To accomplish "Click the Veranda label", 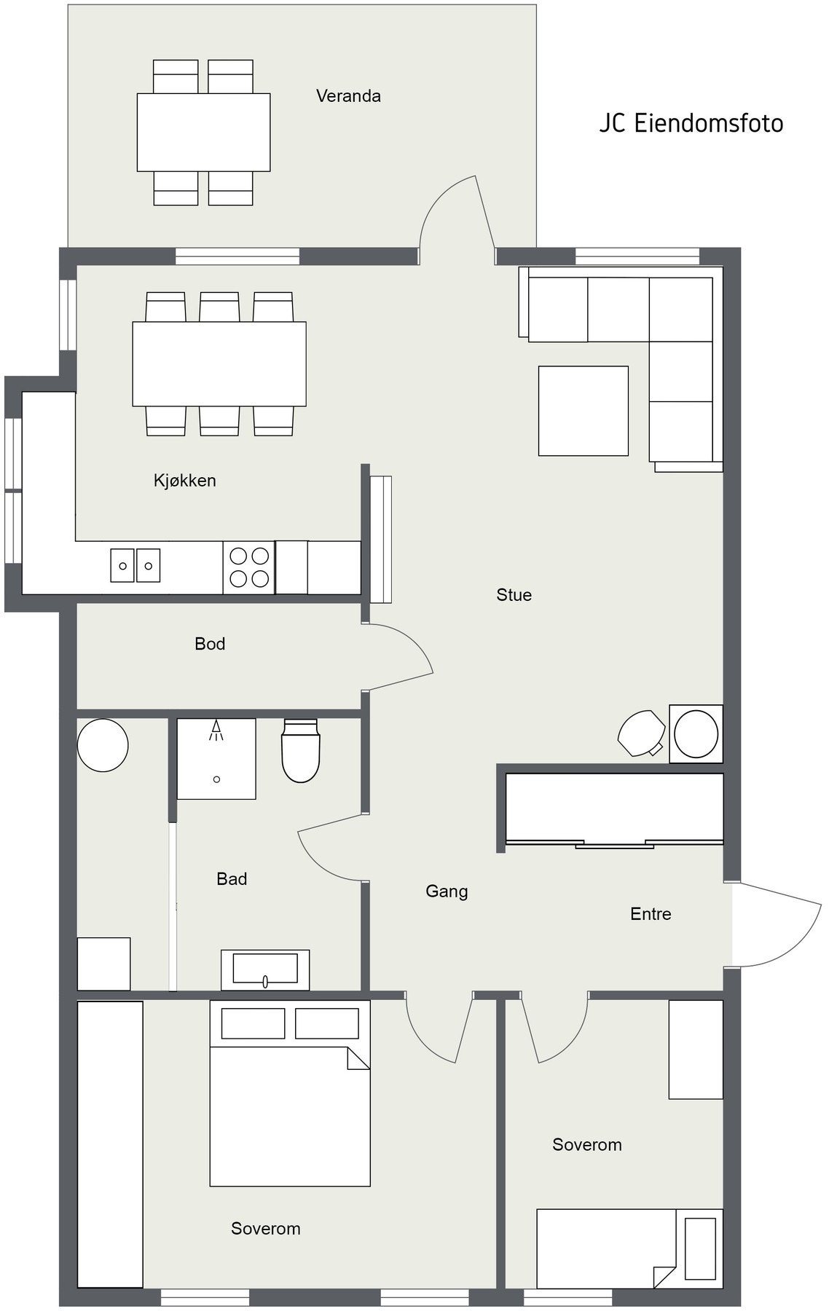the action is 348,95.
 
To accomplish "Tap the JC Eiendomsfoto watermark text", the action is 691,123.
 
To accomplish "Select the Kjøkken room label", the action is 184,481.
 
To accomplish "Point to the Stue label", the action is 514,594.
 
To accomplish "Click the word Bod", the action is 210,644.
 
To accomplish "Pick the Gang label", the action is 447,891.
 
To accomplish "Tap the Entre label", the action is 651,913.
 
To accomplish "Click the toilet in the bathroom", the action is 301,750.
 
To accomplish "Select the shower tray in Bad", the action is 216,759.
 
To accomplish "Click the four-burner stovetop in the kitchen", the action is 249,567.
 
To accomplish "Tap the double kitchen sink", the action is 135,565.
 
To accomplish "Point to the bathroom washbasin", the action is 265,969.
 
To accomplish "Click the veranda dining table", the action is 204,132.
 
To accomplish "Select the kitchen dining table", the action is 219,363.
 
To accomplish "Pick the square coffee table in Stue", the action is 584,411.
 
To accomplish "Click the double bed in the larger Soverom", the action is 290,1092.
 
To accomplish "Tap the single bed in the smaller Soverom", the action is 629,1248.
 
